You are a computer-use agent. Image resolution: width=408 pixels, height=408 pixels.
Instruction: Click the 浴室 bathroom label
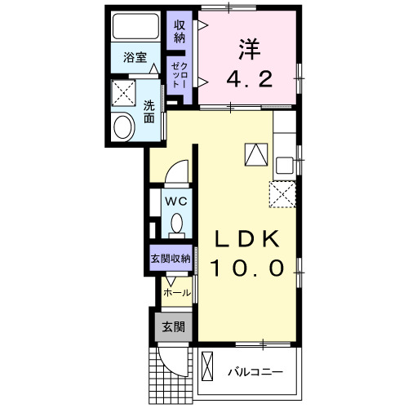coord(135,58)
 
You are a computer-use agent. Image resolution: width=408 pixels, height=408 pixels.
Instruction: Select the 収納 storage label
coord(179,31)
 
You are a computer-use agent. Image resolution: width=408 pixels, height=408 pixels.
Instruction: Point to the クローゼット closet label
coord(179,74)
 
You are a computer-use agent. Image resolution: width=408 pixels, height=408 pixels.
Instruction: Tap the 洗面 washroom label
coord(149,111)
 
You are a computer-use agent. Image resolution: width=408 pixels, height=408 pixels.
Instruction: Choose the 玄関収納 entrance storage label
coord(170,258)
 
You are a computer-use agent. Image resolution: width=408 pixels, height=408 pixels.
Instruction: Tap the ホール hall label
coord(176,292)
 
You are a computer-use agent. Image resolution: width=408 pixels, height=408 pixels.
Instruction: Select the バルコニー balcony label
coord(255,372)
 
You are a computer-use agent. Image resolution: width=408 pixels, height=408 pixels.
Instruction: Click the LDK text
coord(247,239)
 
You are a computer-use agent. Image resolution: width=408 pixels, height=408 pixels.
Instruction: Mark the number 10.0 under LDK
coord(248,268)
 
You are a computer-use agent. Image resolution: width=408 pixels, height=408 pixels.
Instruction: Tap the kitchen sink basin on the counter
coord(283,165)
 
